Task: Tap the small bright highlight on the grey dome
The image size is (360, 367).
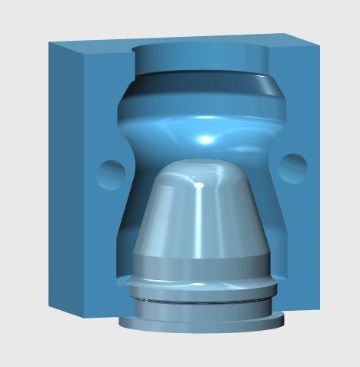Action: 199,185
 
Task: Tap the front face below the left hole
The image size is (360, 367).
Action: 108,246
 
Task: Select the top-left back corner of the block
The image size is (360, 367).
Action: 50,43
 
